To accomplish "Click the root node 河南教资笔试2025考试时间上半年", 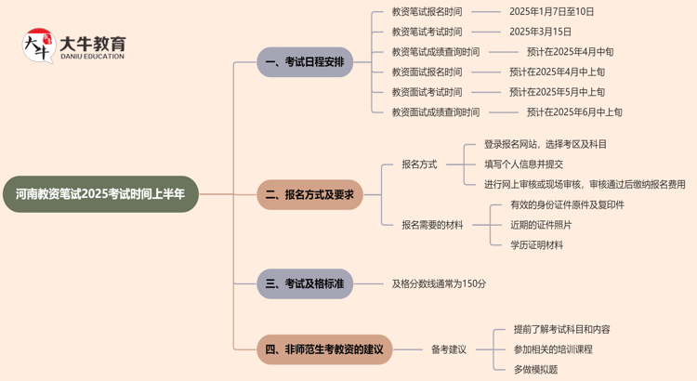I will [x=100, y=194].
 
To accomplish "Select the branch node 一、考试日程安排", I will [x=305, y=62].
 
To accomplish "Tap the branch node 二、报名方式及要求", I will [x=309, y=194].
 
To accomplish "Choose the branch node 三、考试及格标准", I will [x=305, y=283].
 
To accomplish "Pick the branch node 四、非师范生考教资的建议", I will [x=324, y=349].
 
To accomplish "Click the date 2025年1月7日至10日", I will [x=552, y=12].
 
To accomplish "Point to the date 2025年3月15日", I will [x=540, y=32].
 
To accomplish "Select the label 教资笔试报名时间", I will [x=427, y=12].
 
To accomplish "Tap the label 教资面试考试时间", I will [x=427, y=92].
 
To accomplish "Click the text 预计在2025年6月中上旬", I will [x=574, y=112].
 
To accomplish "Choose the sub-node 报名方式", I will [x=419, y=164].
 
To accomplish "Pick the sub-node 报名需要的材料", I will [x=432, y=225].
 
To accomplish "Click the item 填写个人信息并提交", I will [x=523, y=164].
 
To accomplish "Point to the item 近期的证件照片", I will [x=541, y=225].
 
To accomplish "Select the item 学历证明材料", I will [x=536, y=245].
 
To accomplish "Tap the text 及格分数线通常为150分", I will [x=439, y=283].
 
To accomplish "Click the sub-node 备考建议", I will [x=449, y=349].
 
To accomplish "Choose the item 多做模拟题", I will [x=535, y=369].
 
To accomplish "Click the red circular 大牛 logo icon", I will [x=38, y=46].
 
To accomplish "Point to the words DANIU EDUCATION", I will [x=92, y=57].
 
